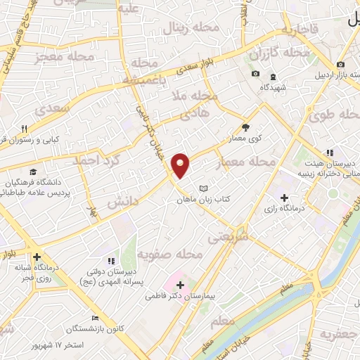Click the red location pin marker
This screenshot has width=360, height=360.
[x=181, y=165]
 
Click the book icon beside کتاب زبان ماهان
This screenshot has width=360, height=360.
[x=203, y=188]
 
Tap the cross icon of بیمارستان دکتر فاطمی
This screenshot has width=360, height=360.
[x=181, y=285]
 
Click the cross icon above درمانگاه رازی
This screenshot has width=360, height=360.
[x=284, y=198]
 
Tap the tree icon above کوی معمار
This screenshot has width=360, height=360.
[x=245, y=127]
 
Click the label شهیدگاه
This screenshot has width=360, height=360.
[x=274, y=88]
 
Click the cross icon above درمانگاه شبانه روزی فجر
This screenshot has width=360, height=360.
[x=36, y=257]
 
